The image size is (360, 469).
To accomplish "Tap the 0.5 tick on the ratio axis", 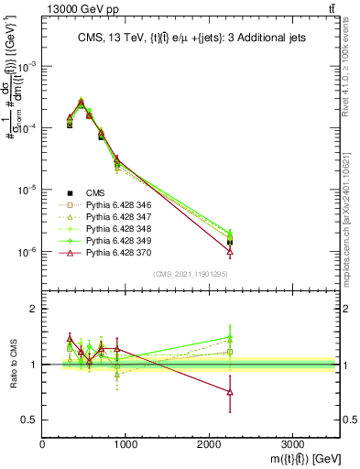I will pos(33,420).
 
